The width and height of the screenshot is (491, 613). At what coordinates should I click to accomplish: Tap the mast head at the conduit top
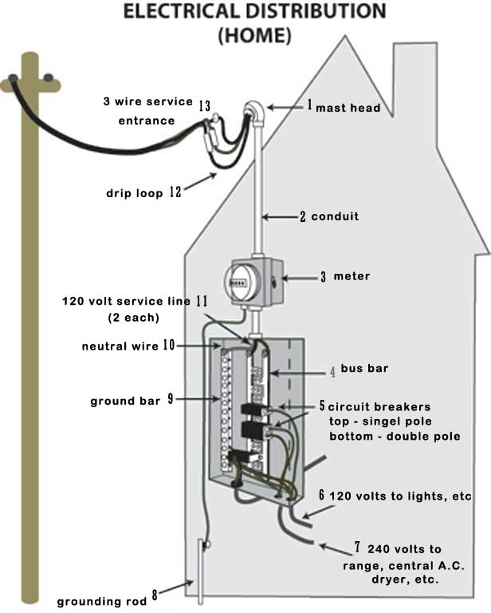pos(253,109)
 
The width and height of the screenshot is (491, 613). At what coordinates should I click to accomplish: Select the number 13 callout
pos(204,105)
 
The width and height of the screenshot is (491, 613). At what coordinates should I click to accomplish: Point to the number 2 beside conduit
pos(302,216)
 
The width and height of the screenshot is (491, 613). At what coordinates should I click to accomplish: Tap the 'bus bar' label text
pos(363,370)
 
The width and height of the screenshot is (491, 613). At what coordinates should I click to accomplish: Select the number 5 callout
pos(322,405)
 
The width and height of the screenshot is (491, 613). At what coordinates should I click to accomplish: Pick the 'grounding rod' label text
pos(102,601)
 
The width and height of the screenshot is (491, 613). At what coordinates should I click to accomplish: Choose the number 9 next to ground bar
pos(170,399)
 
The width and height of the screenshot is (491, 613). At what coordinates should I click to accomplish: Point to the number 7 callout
pos(358,548)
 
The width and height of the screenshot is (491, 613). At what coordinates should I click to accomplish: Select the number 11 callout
pos(202,301)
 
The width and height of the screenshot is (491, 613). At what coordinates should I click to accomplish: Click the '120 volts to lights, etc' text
pos(400,496)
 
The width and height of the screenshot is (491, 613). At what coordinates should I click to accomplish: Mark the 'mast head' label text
pos(348,107)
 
